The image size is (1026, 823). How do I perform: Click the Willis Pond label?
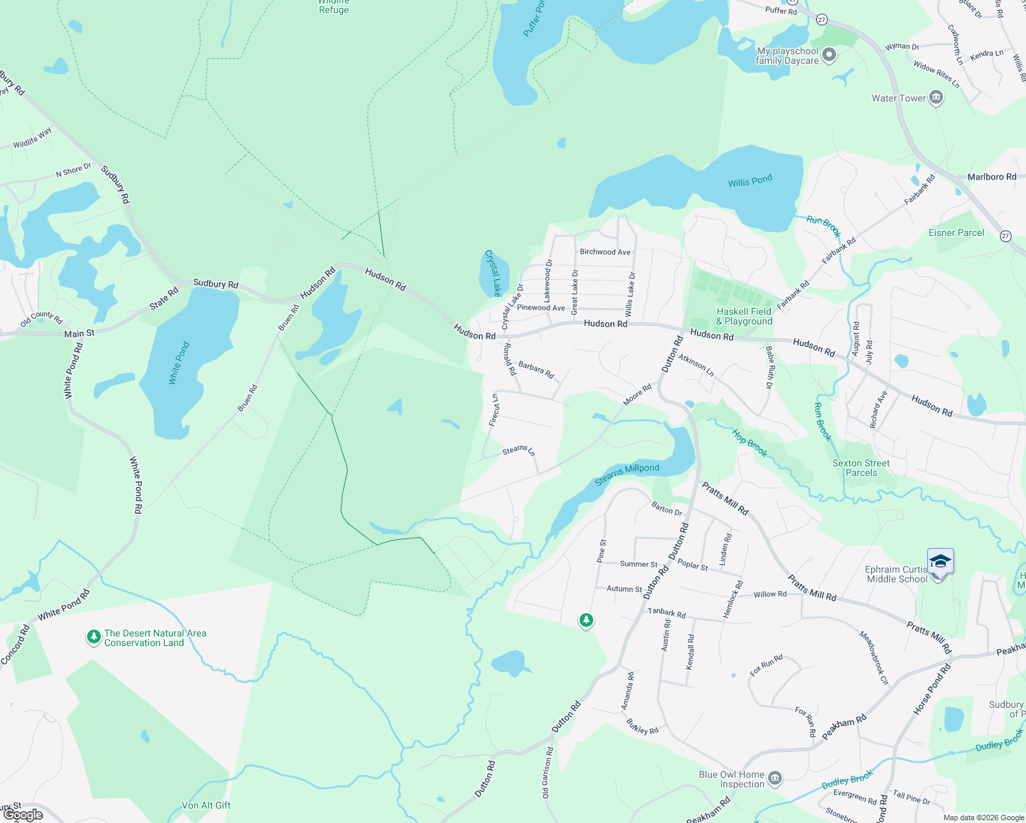(x=750, y=181)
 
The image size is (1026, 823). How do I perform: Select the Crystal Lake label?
(x=493, y=273)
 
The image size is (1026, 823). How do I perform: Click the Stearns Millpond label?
(x=627, y=474)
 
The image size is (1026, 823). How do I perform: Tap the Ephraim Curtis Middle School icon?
(x=940, y=562)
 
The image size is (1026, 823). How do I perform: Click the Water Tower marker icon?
(x=936, y=98)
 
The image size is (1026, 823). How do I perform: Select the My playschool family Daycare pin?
(x=829, y=55)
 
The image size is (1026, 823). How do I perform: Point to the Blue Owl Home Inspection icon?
(x=775, y=778)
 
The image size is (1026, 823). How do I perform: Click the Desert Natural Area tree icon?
(x=93, y=637)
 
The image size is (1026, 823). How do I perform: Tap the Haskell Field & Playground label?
(x=744, y=316)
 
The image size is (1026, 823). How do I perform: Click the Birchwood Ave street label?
(x=605, y=252)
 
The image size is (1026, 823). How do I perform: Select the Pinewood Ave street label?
(x=541, y=307)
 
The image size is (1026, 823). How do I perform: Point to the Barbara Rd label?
(x=536, y=370)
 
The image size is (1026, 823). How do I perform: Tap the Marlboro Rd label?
(x=992, y=177)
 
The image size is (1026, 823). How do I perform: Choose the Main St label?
(x=80, y=333)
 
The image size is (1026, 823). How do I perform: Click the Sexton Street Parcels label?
(x=861, y=468)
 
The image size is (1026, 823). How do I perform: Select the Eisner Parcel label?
(x=956, y=232)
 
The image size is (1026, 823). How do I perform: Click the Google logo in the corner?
(x=23, y=815)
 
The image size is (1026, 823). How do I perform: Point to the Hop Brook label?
(x=750, y=443)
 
